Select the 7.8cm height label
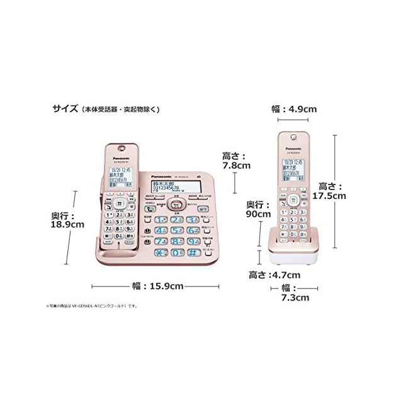coord(237,161)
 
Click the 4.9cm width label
coord(294,108)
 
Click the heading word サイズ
coord(65,109)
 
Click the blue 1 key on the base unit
coord(161,219)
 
